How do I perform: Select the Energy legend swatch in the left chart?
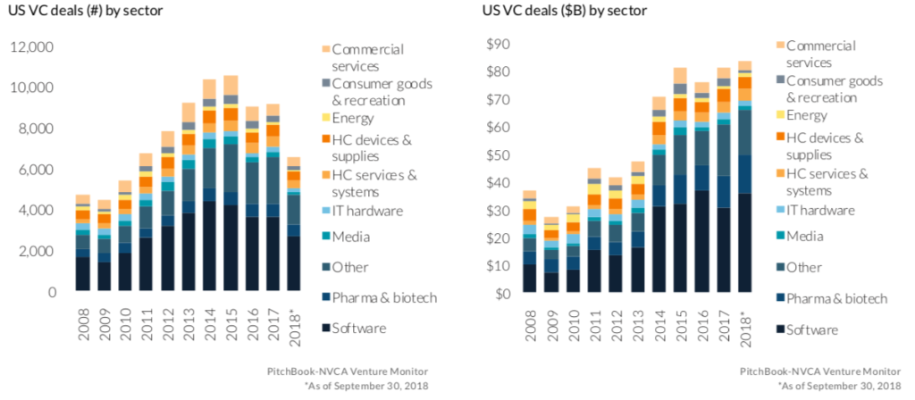point(325,118)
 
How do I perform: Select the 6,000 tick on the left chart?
point(36,170)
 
